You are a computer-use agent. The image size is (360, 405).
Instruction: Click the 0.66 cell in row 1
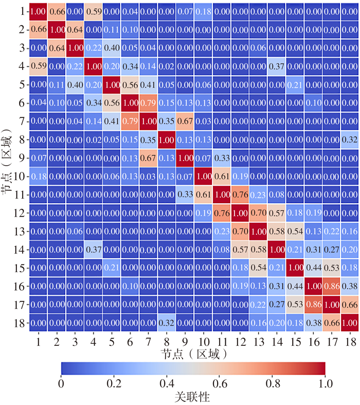(x=57, y=11)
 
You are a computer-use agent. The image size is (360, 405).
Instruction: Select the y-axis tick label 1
(x=19, y=11)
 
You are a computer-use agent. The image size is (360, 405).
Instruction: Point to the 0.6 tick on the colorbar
(x=220, y=383)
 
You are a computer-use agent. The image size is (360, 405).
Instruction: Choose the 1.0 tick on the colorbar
(x=326, y=383)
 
